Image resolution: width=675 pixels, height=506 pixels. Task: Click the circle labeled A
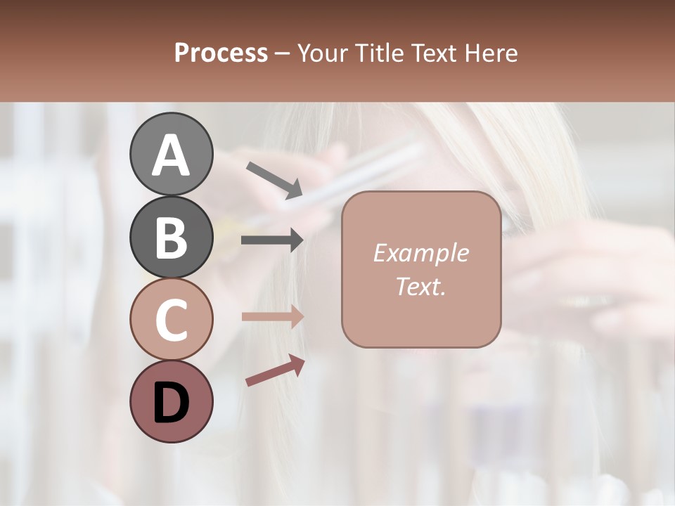click(171, 154)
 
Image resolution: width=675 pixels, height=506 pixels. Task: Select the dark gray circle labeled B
click(171, 237)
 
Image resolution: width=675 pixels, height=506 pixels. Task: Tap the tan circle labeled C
click(171, 319)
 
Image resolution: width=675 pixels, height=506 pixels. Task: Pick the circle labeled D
click(171, 401)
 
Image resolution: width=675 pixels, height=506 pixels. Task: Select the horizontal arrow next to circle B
click(272, 240)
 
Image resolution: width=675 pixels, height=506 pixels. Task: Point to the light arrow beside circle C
click(272, 317)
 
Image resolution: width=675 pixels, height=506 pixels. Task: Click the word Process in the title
click(221, 53)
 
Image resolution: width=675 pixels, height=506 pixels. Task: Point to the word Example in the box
click(420, 253)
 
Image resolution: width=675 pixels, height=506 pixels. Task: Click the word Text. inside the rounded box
click(420, 286)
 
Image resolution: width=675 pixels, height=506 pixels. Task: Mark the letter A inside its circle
click(171, 155)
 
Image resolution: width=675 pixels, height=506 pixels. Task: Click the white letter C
click(171, 320)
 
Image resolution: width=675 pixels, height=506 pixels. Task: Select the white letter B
click(171, 238)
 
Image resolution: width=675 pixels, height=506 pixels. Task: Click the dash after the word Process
click(283, 54)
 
